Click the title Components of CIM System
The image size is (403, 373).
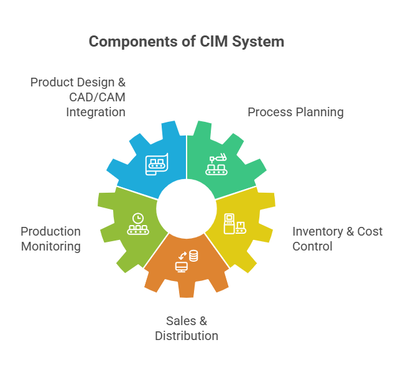pos(187,42)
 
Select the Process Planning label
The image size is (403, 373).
pos(295,112)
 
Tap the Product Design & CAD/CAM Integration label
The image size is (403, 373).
pos(78,97)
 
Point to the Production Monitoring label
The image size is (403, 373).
pos(50,239)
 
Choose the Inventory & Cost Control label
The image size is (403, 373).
pos(337,239)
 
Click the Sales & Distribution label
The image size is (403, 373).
pos(187,328)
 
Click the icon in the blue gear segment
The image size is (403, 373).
pos(156,163)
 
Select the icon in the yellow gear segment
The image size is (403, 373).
pos(235,223)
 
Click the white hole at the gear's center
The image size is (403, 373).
pos(187,209)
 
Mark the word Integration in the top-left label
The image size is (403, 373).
pos(96,112)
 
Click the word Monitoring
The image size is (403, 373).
pos(50,246)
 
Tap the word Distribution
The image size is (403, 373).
pos(187,336)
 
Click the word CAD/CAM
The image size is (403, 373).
pos(96,97)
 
